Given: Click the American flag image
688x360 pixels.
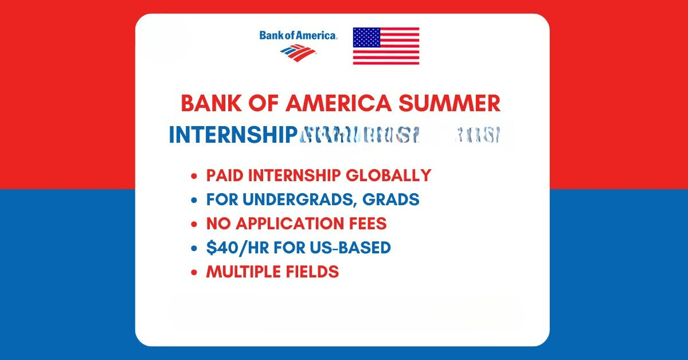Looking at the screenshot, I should click(x=386, y=46).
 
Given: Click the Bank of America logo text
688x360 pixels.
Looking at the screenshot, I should click(x=298, y=36).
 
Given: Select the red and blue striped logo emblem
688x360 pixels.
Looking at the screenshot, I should click(x=298, y=52).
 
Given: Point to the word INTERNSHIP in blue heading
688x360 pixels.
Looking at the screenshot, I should click(x=231, y=135).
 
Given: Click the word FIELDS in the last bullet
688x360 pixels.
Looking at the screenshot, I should click(x=315, y=272).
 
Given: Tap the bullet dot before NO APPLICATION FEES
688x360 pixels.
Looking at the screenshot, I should click(x=195, y=224).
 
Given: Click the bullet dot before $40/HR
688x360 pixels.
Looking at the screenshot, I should click(x=195, y=248).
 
